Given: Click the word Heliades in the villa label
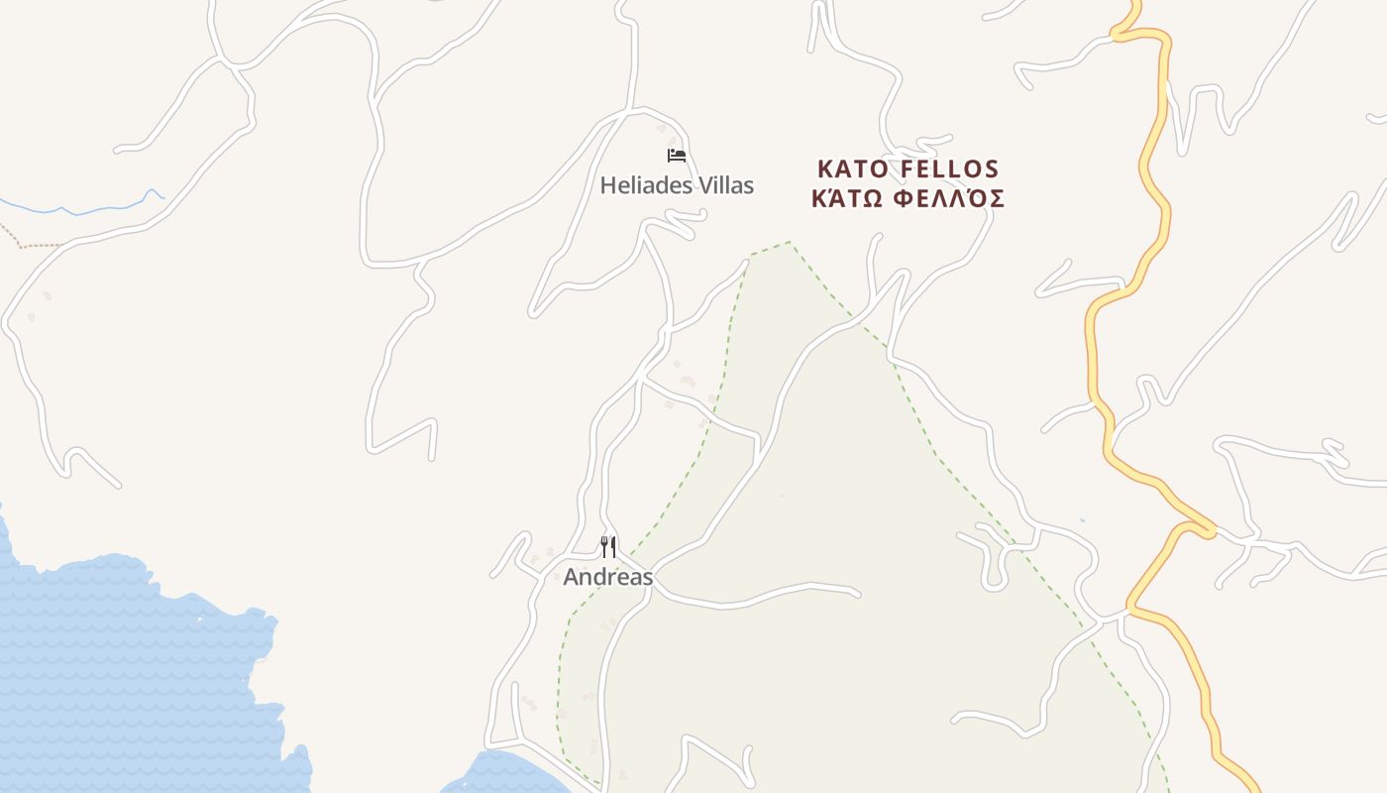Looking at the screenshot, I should pyautogui.click(x=642, y=185).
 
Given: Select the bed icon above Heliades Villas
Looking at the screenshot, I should pyautogui.click(x=677, y=155).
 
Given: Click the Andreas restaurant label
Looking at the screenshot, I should pyautogui.click(x=608, y=577).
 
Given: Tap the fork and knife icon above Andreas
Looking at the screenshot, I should pyautogui.click(x=608, y=546).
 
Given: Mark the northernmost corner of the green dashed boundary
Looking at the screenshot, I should pyautogui.click(x=790, y=242).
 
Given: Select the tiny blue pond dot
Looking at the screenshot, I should pyautogui.click(x=1081, y=520).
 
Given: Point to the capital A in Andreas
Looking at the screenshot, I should pyautogui.click(x=572, y=577).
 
